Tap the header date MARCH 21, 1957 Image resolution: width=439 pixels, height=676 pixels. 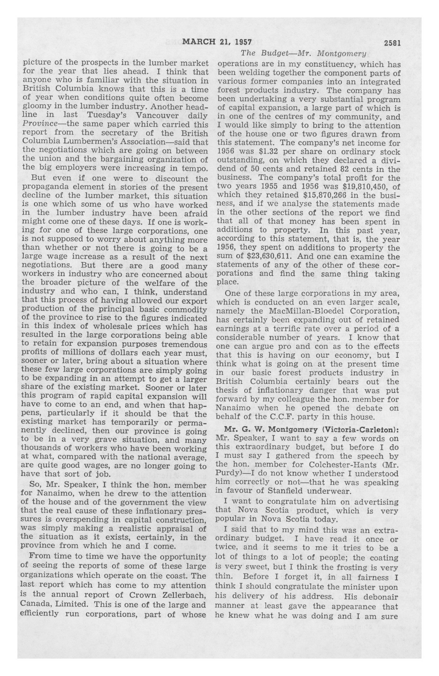point(217,42)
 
